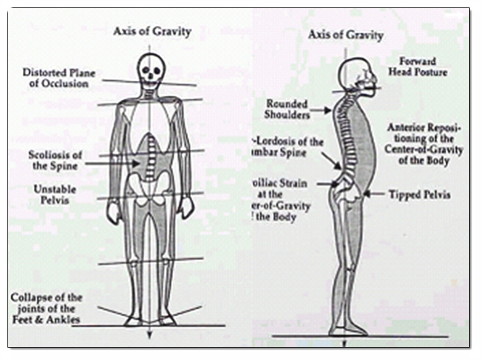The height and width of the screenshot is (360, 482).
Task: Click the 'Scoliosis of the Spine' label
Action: (x=54, y=160)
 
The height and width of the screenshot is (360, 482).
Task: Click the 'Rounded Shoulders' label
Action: (x=287, y=109)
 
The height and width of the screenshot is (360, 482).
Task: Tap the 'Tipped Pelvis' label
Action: (x=419, y=195)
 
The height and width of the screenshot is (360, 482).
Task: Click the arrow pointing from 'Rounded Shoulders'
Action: (x=320, y=111)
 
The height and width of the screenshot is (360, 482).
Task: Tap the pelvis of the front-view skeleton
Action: (x=149, y=187)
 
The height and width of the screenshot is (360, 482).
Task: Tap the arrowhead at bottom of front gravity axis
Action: (x=149, y=337)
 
